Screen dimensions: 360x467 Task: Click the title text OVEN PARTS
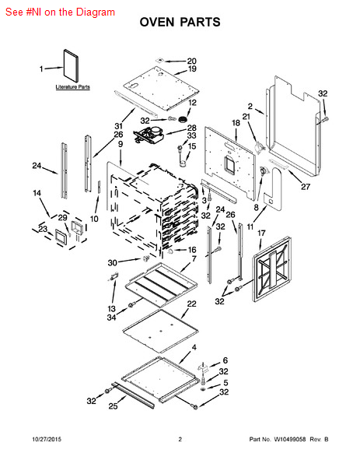[180, 22]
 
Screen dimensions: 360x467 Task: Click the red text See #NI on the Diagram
[60, 12]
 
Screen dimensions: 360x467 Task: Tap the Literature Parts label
[73, 87]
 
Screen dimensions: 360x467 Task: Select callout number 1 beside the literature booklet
[41, 69]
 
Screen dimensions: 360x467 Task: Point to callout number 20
[191, 61]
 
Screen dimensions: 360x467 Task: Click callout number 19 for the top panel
[192, 68]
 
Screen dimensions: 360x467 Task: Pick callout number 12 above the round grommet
[193, 103]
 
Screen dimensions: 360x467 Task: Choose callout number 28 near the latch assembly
[192, 128]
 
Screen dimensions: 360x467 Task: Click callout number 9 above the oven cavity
[121, 144]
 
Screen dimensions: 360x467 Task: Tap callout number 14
[37, 193]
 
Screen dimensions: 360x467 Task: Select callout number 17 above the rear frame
[261, 233]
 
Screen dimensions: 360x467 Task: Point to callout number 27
[306, 187]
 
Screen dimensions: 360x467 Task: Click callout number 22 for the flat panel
[192, 304]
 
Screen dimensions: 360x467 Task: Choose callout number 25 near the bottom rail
[113, 406]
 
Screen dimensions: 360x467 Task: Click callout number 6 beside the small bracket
[225, 360]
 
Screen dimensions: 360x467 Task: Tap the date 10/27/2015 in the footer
[47, 439]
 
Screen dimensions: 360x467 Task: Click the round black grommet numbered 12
[183, 119]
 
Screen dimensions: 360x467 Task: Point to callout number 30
[113, 263]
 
